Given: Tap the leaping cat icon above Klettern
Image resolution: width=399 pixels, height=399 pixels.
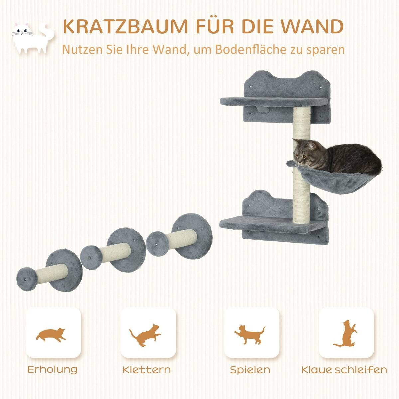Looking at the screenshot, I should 147,336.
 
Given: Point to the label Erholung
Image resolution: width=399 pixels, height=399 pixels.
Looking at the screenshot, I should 53,369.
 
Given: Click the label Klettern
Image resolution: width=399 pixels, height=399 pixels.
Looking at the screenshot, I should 147,369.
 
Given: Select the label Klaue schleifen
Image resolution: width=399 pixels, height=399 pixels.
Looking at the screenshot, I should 344,369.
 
